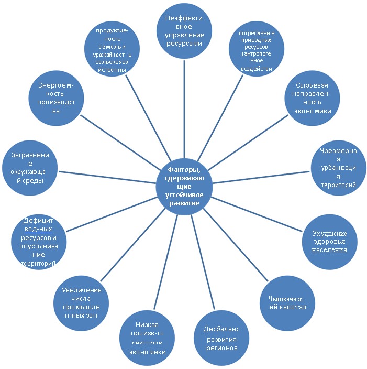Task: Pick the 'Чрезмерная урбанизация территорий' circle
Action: (x=338, y=167)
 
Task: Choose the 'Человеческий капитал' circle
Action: (x=284, y=302)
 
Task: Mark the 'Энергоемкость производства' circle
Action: (x=56, y=97)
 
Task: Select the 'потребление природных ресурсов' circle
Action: (x=257, y=49)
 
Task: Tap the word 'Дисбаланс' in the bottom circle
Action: (x=221, y=329)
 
